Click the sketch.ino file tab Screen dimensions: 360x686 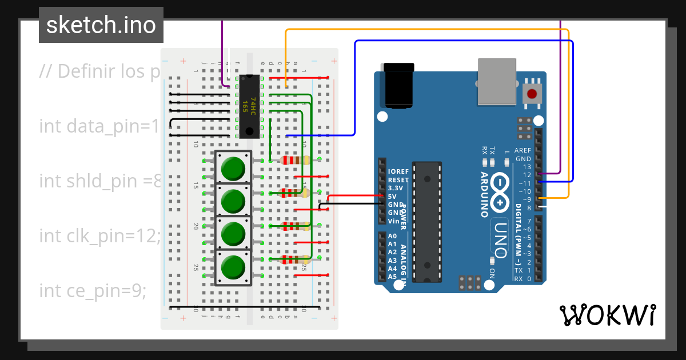[x=101, y=25]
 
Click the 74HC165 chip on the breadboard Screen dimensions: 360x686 [x=249, y=106]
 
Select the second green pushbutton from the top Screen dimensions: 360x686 [x=233, y=201]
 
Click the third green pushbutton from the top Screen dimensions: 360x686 [x=233, y=233]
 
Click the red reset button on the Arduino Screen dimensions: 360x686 [x=532, y=94]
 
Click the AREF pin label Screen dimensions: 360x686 [x=523, y=150]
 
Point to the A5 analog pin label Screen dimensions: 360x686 [x=392, y=277]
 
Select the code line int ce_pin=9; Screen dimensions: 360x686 [x=93, y=290]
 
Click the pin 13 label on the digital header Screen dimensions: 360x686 [x=527, y=167]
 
